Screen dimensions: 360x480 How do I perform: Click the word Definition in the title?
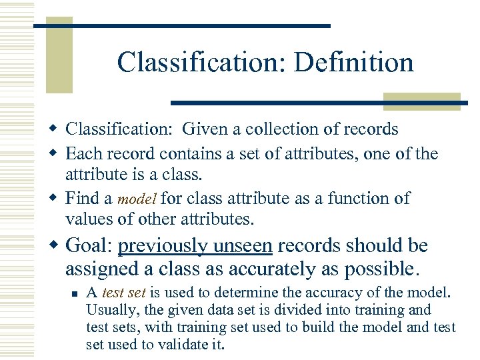point(353,63)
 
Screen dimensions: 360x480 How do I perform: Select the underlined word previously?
point(162,246)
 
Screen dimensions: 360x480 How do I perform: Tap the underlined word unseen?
point(243,246)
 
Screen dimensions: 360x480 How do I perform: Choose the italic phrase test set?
point(125,293)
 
